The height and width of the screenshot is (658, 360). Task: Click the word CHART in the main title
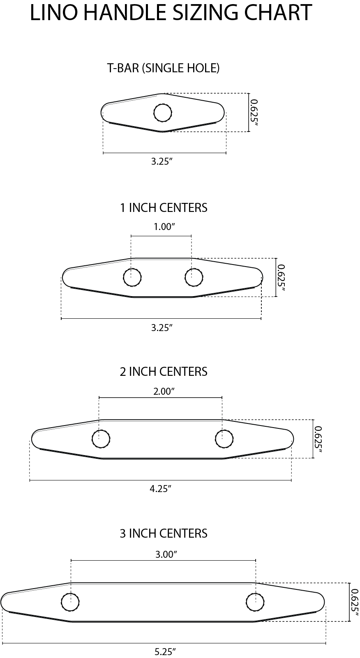coord(278,12)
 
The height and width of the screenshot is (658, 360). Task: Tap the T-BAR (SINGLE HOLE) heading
coord(164,68)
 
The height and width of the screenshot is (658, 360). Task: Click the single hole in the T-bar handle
coord(163,113)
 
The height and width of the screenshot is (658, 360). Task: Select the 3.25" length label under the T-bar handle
coord(162,161)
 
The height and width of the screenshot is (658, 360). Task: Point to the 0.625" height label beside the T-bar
coord(254,113)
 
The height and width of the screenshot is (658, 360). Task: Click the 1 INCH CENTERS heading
coord(164,208)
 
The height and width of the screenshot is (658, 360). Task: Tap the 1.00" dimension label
coord(164,227)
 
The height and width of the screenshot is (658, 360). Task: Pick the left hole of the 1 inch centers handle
coord(132,277)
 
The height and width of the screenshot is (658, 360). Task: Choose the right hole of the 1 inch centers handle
coord(194,277)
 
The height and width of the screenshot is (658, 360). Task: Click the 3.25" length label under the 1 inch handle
coord(162,327)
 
